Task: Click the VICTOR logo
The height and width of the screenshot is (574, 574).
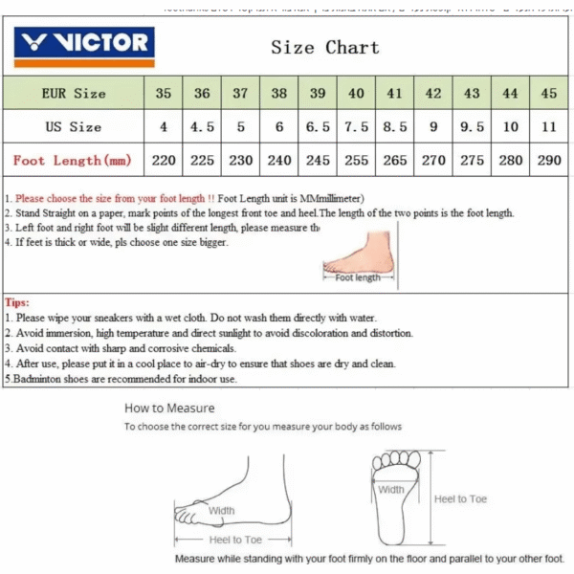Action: [84, 43]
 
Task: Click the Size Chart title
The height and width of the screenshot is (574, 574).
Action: [324, 47]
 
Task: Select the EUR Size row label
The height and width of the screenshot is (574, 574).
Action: [74, 93]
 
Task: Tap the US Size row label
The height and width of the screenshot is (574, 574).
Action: [74, 126]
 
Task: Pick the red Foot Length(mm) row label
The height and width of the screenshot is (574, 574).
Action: [73, 160]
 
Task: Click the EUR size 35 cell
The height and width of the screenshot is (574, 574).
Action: [164, 93]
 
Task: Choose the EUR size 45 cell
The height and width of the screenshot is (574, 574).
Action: [548, 93]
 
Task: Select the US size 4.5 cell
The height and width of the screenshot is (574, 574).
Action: [202, 126]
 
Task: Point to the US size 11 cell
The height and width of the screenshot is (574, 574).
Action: [548, 126]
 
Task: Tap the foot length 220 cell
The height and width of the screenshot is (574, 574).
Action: [164, 160]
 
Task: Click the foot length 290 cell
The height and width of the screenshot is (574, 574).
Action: [548, 160]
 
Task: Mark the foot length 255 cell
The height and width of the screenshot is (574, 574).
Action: [356, 160]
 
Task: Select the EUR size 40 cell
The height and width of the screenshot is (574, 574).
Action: [356, 93]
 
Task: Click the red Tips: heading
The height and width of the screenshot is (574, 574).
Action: [19, 301]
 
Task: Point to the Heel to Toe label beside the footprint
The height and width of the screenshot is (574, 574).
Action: [460, 498]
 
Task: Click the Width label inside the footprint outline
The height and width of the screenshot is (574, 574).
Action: [390, 490]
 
